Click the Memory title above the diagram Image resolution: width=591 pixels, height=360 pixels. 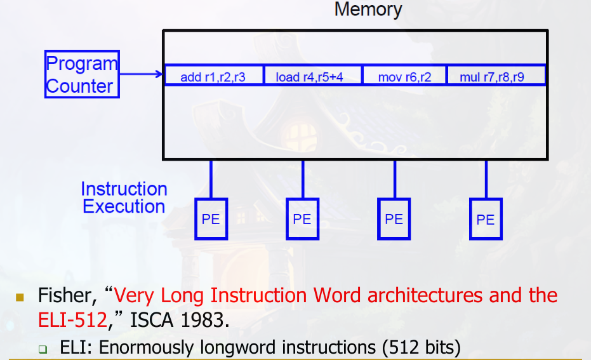368,10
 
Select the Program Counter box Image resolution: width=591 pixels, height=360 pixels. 82,74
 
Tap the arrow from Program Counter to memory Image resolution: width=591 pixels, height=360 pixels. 141,74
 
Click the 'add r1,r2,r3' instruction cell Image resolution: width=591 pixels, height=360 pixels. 213,77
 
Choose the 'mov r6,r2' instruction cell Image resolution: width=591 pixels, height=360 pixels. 404,77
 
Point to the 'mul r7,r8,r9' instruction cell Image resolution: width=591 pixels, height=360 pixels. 495,77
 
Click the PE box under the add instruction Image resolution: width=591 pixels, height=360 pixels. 211,219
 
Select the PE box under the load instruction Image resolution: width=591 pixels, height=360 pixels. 302,219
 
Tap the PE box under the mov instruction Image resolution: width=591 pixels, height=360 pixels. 394,219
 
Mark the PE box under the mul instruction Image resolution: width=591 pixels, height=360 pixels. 486,220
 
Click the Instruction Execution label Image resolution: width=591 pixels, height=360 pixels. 124,197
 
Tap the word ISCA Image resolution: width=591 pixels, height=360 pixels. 151,319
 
